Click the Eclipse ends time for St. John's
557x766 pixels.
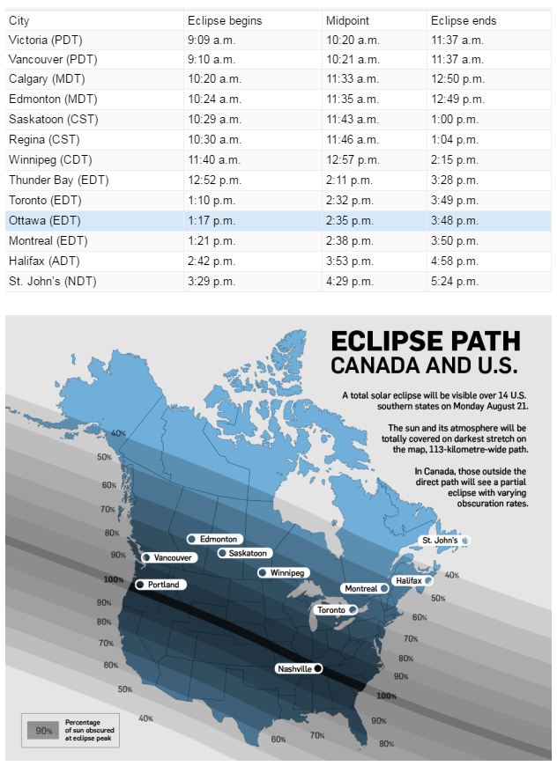[455, 281]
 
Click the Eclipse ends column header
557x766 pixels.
[464, 20]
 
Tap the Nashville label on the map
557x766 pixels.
[294, 669]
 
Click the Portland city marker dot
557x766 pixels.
[139, 585]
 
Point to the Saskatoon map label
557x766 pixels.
[248, 553]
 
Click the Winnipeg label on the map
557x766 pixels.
[286, 572]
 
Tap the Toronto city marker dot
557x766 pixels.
[353, 609]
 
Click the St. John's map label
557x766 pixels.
[439, 540]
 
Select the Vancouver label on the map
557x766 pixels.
[172, 557]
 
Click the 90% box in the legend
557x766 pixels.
[41, 730]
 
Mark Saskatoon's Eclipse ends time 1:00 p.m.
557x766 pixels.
[455, 119]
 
